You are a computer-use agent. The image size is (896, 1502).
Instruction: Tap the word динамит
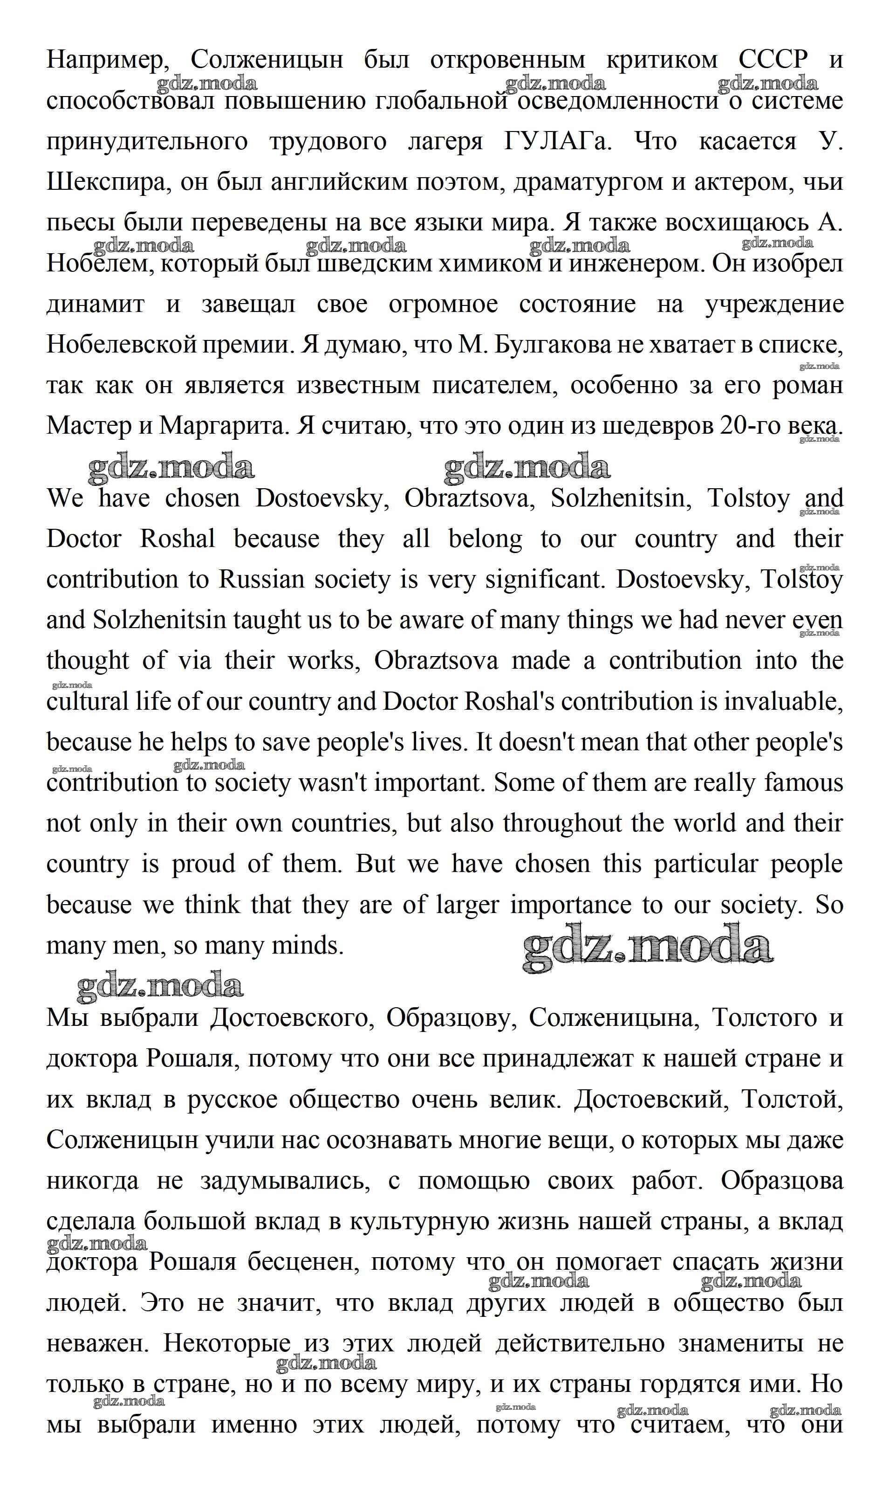point(96,304)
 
